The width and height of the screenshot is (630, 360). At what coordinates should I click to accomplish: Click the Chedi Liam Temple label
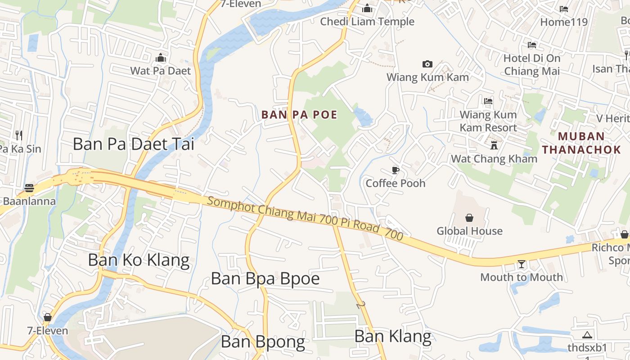tap(367, 22)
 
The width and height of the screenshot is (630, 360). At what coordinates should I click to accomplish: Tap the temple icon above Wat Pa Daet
tap(161, 58)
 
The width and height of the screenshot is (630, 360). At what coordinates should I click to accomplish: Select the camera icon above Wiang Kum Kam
tap(427, 64)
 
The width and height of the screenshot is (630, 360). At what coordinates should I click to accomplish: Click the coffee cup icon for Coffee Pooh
tap(395, 170)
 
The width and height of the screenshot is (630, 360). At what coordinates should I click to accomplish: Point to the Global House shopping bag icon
tap(469, 218)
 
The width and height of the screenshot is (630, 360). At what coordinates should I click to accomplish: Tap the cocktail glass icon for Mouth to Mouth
tap(522, 264)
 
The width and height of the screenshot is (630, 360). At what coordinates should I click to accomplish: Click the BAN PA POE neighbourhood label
tap(299, 115)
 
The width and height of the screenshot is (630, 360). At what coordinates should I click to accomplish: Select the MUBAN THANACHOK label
tap(581, 143)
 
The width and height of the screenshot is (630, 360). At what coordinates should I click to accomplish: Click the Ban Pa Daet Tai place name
tap(134, 144)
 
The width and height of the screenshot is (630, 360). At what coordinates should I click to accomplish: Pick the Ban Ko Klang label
tap(139, 260)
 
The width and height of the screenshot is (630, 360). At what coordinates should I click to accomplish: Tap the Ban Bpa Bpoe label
tap(265, 279)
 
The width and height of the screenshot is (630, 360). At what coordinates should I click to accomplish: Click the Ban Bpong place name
tap(263, 342)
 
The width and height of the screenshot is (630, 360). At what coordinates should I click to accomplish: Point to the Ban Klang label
tap(393, 337)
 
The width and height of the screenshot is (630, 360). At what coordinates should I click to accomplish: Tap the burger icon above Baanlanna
tap(29, 188)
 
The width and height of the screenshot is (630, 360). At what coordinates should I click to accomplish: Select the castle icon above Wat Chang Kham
tap(494, 145)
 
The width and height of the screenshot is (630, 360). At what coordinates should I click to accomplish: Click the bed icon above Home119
tap(563, 9)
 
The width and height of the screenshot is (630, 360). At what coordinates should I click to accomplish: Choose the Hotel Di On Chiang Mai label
tap(532, 64)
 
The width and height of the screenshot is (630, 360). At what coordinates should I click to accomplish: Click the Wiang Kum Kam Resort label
tap(488, 121)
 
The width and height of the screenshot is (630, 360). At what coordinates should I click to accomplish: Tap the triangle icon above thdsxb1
tap(587, 335)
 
